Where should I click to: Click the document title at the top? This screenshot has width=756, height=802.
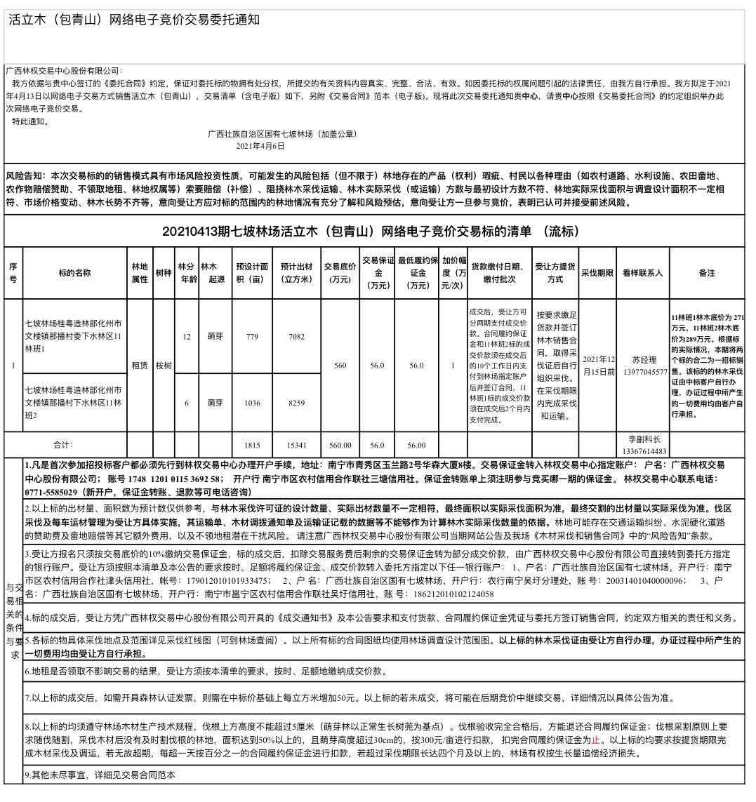pyautogui.click(x=134, y=20)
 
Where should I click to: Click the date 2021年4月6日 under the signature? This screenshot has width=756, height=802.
pyautogui.click(x=260, y=146)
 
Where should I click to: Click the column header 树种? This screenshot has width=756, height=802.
pyautogui.click(x=163, y=273)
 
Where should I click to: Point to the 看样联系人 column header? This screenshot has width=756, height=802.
pyautogui.click(x=642, y=273)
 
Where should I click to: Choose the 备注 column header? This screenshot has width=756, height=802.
pyautogui.click(x=707, y=273)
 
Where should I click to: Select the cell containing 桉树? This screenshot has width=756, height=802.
pyautogui.click(x=163, y=366)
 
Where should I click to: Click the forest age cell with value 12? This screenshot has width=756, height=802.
pyautogui.click(x=187, y=337)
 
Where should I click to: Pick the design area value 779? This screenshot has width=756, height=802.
pyautogui.click(x=253, y=337)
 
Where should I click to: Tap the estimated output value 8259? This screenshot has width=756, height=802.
pyautogui.click(x=296, y=403)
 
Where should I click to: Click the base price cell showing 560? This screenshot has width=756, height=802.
pyautogui.click(x=340, y=366)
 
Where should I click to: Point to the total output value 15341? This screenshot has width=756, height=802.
pyautogui.click(x=296, y=445)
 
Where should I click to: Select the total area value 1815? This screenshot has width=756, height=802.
pyautogui.click(x=253, y=445)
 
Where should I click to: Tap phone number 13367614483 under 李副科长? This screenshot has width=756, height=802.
pyautogui.click(x=644, y=451)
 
